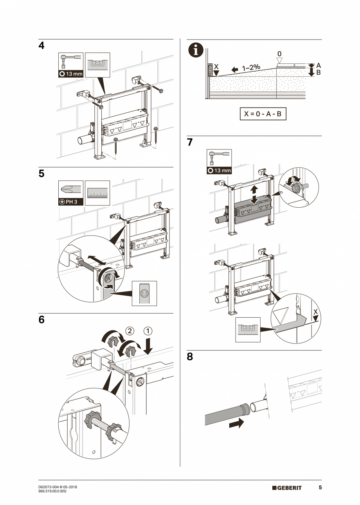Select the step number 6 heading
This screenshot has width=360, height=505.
pyautogui.click(x=41, y=320)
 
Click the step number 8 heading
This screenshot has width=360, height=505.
pyautogui.click(x=190, y=357)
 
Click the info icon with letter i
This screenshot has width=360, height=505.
pyautogui.click(x=196, y=51)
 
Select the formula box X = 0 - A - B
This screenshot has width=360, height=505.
pyautogui.click(x=263, y=114)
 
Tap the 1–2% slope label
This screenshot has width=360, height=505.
pyautogui.click(x=251, y=68)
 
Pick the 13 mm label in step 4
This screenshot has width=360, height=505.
pyautogui.click(x=71, y=74)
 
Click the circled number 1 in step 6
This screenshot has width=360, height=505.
pyautogui.click(x=148, y=331)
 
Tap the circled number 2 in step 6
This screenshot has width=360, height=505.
pyautogui.click(x=129, y=331)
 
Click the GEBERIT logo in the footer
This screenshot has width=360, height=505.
pyautogui.click(x=287, y=488)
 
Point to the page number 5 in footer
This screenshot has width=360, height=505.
pyautogui.click(x=320, y=488)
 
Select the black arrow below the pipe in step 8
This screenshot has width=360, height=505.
pyautogui.click(x=236, y=423)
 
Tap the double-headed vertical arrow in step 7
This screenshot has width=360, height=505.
pyautogui.click(x=254, y=194)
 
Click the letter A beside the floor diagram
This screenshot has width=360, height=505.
pyautogui.click(x=318, y=66)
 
